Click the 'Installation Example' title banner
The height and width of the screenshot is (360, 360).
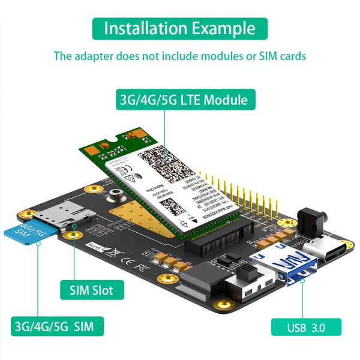click(x=180, y=28)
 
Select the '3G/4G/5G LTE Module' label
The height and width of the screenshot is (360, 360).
click(x=181, y=99)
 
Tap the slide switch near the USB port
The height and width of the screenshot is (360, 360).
click(x=244, y=276)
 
